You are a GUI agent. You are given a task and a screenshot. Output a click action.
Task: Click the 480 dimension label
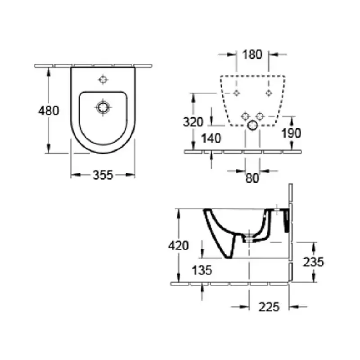tap(49, 111)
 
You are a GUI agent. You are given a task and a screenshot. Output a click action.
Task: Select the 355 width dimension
tap(103, 175)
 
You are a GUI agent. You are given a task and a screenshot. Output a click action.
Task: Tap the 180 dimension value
tap(252, 54)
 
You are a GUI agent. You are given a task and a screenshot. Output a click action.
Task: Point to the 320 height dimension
tap(193, 122)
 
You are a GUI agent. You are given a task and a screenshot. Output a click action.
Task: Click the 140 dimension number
tap(211, 139)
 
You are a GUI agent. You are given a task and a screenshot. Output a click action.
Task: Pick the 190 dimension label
tap(291, 133)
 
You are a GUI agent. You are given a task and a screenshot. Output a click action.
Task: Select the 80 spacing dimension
tap(252, 178)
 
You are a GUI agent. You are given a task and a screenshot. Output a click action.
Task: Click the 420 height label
tap(178, 246)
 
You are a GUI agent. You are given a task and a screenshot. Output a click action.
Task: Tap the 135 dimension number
tap(202, 270)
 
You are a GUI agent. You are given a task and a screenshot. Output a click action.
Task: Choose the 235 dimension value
tap(313, 262)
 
